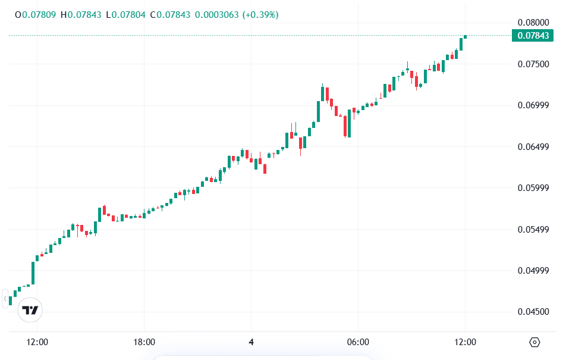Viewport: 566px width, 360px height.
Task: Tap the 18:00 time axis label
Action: click(x=144, y=342)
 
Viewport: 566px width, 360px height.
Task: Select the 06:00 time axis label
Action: click(x=358, y=342)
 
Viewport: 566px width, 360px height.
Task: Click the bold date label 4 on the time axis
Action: click(x=251, y=342)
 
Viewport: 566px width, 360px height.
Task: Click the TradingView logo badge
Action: click(x=30, y=310)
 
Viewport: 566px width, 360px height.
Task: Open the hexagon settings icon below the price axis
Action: click(x=534, y=342)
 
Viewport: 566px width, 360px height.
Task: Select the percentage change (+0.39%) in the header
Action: click(x=260, y=14)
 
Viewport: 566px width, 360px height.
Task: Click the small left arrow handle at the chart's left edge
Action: click(x=5, y=298)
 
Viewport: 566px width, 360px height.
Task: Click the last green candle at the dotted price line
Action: click(x=465, y=37)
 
